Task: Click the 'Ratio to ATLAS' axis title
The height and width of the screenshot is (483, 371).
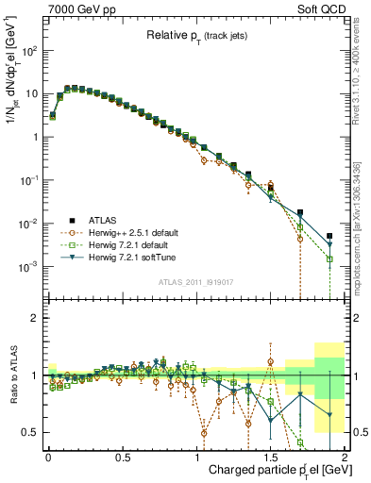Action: [13, 375]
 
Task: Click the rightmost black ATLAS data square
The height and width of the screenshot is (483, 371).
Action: [329, 236]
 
